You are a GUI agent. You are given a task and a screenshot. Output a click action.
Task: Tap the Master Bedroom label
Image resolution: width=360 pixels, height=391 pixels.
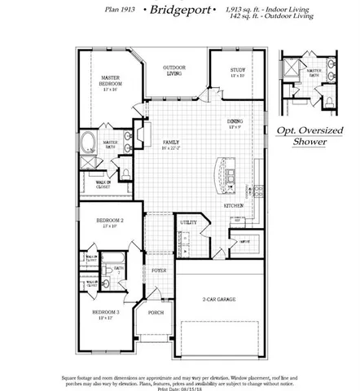tap(112, 83)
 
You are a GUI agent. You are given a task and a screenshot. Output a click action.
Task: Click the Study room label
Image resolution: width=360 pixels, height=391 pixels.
tap(236, 71)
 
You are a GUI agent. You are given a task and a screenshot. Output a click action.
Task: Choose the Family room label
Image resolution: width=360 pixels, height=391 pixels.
tap(170, 143)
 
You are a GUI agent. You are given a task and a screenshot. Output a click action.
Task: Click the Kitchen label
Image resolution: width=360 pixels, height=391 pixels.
tap(234, 206)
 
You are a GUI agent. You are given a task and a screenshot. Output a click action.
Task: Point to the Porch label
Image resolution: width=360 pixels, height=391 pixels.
tap(156, 314)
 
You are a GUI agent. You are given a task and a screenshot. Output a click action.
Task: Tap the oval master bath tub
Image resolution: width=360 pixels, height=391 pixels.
tap(88, 143)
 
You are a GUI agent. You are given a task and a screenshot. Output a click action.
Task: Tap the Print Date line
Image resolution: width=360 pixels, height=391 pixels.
tap(180, 387)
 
